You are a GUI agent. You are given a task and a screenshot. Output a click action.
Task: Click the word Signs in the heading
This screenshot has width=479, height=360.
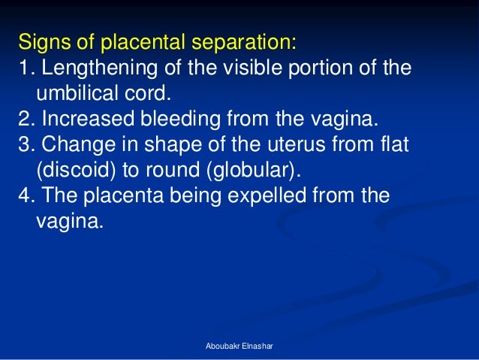pos(41,39)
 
